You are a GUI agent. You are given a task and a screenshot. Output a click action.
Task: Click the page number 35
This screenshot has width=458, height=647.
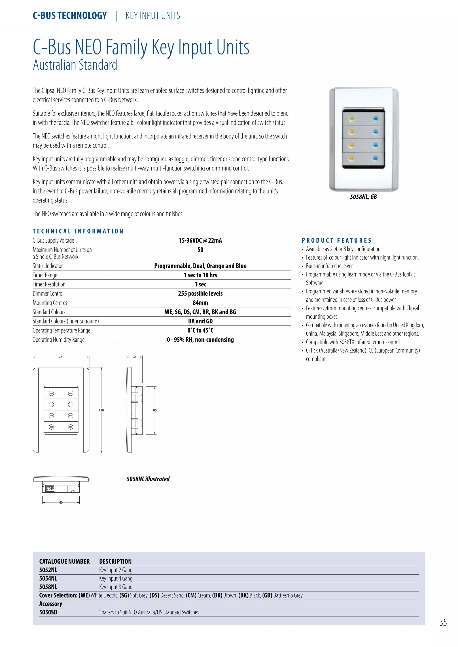[443, 622]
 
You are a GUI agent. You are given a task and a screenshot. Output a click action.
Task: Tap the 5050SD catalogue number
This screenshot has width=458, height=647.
[48, 612]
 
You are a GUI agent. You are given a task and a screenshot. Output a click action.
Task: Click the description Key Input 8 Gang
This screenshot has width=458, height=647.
[116, 587]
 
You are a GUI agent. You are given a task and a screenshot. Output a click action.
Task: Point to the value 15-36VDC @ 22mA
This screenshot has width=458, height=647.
[200, 241]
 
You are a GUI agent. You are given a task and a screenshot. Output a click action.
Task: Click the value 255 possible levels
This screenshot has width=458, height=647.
[200, 294]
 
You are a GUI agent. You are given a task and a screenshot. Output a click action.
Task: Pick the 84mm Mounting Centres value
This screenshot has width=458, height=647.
[200, 303]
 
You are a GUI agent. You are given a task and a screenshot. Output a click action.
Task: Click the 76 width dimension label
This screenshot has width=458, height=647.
[61, 357]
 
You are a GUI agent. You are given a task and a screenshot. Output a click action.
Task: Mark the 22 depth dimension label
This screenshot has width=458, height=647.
[134, 357]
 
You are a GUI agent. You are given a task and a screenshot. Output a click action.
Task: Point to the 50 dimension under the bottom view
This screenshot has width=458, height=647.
[61, 502]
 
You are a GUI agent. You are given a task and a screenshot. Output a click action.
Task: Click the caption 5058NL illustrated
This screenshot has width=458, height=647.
[148, 479]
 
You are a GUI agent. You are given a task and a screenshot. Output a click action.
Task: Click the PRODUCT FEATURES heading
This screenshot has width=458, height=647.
[336, 241]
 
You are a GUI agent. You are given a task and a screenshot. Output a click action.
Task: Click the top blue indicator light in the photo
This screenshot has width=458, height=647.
[375, 119]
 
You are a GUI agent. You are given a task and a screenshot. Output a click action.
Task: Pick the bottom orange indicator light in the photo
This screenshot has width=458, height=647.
[351, 159]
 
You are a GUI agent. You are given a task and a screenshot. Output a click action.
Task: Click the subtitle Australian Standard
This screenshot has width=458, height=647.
[75, 65]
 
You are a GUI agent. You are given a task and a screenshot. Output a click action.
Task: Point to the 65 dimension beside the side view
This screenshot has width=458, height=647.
[155, 410]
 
